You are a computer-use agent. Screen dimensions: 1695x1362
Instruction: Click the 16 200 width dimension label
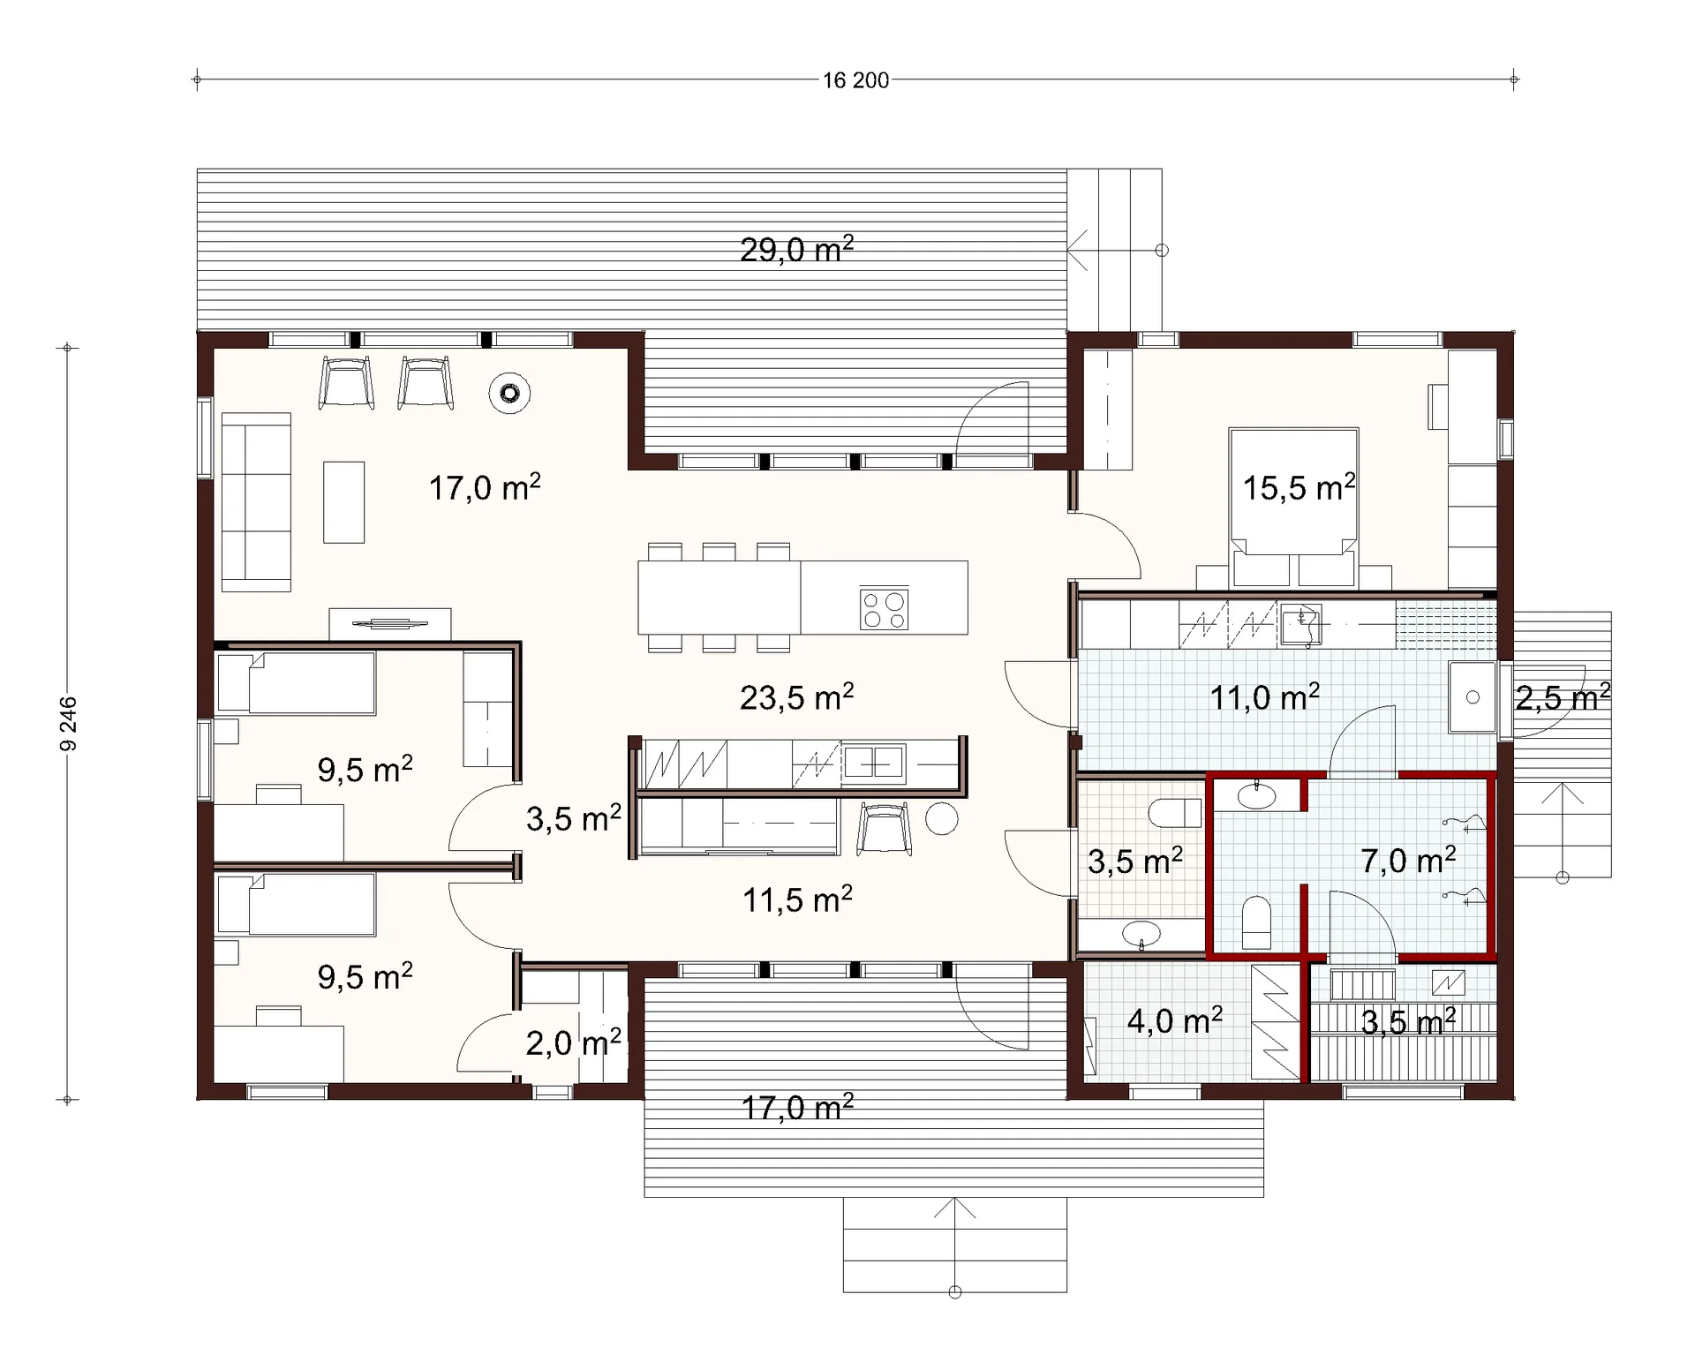(855, 80)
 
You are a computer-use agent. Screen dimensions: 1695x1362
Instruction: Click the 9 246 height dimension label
(68, 724)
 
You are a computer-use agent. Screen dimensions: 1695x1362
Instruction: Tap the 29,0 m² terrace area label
(796, 250)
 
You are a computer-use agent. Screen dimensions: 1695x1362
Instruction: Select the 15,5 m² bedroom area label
(1299, 487)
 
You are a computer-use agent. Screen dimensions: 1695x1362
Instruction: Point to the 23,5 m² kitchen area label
(796, 697)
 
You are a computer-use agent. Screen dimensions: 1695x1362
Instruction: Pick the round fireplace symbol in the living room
(509, 393)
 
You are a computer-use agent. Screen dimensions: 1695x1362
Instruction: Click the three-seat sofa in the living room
(256, 501)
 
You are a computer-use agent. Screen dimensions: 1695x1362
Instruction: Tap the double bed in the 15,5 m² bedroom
(1293, 508)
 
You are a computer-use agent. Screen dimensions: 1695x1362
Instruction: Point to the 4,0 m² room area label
(1175, 1021)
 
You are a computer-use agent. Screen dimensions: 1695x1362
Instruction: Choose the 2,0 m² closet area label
(573, 1043)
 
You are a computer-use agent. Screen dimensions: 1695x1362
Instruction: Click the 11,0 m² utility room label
(1264, 697)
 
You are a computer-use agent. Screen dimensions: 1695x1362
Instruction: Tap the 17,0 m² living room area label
(485, 487)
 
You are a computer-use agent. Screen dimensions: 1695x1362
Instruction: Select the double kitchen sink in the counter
(874, 764)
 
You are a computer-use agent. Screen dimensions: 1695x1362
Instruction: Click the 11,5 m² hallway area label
(797, 900)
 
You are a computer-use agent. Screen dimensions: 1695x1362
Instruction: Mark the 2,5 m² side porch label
(1563, 697)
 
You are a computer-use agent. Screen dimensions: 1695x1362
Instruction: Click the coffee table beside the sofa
(343, 501)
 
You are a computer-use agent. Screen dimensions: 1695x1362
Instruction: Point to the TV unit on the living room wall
(390, 624)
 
